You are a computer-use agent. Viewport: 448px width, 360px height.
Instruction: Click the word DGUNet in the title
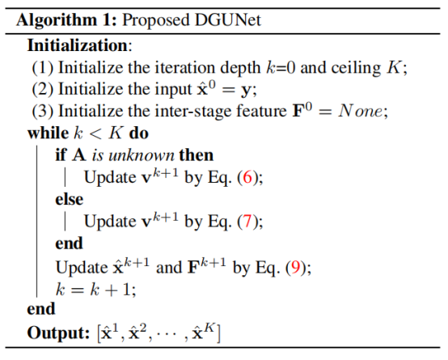click(x=228, y=20)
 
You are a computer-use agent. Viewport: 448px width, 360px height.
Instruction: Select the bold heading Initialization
click(x=77, y=45)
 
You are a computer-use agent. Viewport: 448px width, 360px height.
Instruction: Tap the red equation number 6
click(x=247, y=177)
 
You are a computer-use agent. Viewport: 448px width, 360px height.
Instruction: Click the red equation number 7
click(x=247, y=222)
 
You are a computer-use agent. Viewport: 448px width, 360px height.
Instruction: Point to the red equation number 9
click(x=295, y=268)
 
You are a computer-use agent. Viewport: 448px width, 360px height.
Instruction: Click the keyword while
click(x=48, y=133)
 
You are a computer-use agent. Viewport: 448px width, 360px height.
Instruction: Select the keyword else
click(x=70, y=199)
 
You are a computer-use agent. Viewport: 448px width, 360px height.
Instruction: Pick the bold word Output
click(x=58, y=332)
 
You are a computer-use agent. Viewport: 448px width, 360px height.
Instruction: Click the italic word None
click(x=360, y=111)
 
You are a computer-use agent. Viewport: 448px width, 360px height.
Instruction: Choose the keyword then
click(x=197, y=155)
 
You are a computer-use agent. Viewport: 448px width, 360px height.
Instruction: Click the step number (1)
click(x=43, y=68)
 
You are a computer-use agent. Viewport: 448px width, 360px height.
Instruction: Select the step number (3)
click(x=43, y=111)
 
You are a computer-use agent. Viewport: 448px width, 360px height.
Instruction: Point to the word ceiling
click(x=356, y=69)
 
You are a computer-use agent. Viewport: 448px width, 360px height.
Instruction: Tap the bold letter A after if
click(x=79, y=155)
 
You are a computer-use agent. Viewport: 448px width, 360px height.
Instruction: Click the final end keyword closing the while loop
click(x=41, y=309)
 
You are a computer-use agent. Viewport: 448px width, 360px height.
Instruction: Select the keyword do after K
click(x=139, y=133)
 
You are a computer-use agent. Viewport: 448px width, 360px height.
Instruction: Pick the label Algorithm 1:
click(x=66, y=20)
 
